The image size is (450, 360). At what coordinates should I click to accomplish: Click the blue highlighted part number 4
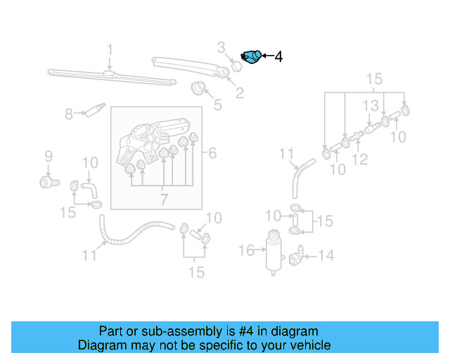point(251,56)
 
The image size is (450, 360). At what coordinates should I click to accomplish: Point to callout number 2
point(240,92)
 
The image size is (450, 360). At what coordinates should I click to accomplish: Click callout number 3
point(221,48)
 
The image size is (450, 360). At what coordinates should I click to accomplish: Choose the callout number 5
point(218,105)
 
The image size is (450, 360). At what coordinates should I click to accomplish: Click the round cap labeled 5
point(200,89)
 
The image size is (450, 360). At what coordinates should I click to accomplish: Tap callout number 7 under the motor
point(162,200)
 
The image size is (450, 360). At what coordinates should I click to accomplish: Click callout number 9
point(49,155)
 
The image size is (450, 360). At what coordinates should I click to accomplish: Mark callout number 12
point(360,160)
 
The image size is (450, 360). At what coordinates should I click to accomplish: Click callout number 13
point(371,105)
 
